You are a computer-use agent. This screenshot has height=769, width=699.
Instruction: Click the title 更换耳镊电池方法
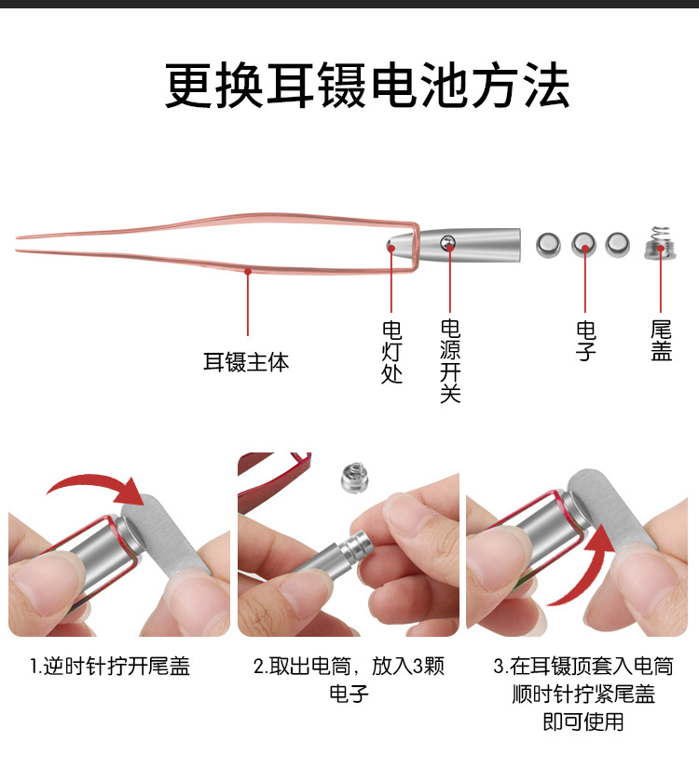coord(367,87)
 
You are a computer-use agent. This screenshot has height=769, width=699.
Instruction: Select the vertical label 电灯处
coord(392,353)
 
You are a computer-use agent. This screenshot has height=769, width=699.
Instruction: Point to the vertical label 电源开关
coord(450,360)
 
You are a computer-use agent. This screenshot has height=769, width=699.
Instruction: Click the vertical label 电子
coord(585,341)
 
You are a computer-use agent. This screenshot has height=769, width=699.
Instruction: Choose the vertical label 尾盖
coord(662,341)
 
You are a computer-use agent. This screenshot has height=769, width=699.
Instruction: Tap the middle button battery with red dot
coord(584,245)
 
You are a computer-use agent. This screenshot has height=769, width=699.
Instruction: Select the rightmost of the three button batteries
coord(617,245)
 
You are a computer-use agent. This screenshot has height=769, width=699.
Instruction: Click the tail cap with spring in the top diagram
coord(661,243)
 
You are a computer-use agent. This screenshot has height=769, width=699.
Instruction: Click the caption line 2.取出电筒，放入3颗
coord(349,667)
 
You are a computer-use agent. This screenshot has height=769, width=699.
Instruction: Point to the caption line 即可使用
coord(583,722)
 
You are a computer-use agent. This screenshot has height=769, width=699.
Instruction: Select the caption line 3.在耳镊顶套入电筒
coord(583,667)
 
